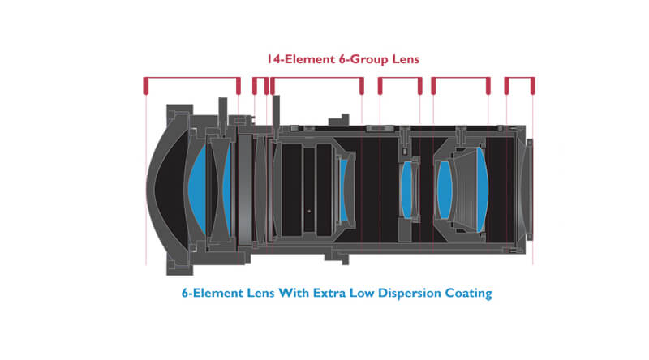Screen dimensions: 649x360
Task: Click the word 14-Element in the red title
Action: [300, 59]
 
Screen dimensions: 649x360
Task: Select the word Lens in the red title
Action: [406, 59]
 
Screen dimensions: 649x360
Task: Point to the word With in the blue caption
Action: [294, 293]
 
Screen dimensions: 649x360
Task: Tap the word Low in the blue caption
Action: [362, 293]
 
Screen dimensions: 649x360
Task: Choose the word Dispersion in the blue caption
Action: [410, 294]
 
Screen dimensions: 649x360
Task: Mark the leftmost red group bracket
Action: [191, 78]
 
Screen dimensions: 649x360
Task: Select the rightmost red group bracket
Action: [519, 78]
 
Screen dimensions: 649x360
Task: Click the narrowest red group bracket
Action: [260, 78]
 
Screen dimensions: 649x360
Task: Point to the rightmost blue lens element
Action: [482, 190]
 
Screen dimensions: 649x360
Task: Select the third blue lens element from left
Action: [343, 190]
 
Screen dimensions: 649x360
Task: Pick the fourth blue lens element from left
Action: [406, 190]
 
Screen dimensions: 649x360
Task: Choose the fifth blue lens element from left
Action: [444, 190]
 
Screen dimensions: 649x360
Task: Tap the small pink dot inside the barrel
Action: [309, 211]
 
